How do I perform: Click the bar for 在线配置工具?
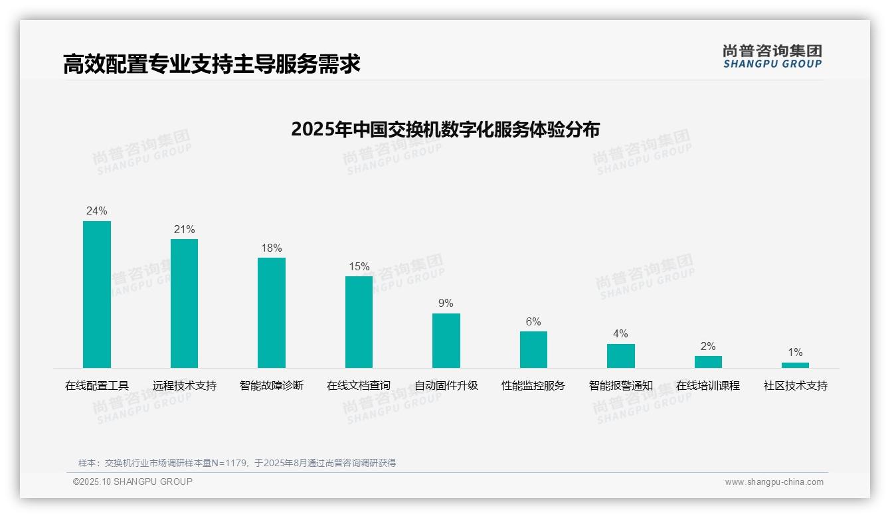click(97, 294)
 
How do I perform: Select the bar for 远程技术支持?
click(184, 303)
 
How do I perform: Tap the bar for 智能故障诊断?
click(272, 313)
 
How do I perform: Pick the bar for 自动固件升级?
click(446, 341)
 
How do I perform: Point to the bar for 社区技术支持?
click(795, 365)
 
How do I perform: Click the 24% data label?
click(97, 211)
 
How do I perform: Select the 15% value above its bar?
click(359, 267)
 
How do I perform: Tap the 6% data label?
click(533, 322)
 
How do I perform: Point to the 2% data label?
click(708, 347)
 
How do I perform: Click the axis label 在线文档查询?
click(359, 386)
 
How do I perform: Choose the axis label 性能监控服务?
click(533, 386)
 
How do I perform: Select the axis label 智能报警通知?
click(621, 386)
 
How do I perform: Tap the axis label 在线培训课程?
click(708, 386)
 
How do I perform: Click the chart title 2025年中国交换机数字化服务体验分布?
click(445, 129)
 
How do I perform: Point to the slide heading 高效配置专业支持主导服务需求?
click(212, 64)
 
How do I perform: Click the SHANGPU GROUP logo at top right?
click(772, 56)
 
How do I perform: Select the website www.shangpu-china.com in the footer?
click(774, 482)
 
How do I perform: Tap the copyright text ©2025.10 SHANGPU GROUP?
click(133, 481)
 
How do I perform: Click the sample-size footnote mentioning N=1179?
click(237, 463)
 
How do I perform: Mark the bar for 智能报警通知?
click(621, 356)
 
